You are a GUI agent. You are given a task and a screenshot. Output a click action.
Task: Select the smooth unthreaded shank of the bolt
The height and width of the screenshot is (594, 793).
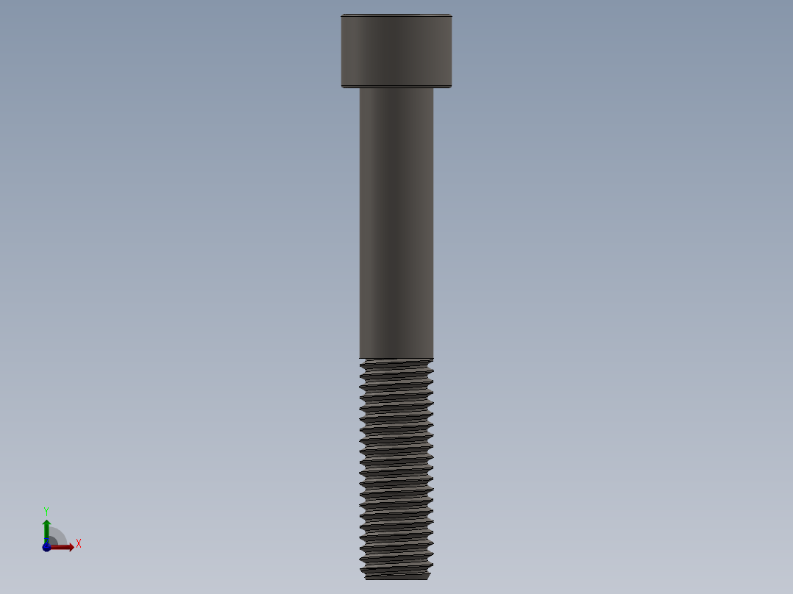click(x=396, y=221)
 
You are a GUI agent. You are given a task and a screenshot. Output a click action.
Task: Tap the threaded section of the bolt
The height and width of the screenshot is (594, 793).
click(x=396, y=463)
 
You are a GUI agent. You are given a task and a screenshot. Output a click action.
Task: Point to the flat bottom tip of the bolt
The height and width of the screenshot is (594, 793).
click(x=396, y=577)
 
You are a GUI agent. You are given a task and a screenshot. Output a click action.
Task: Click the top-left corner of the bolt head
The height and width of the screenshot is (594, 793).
click(x=342, y=15)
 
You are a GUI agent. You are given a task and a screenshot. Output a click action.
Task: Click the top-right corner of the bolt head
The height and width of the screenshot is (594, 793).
click(x=451, y=15)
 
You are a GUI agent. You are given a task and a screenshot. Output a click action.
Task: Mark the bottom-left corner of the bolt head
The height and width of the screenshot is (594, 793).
click(x=342, y=87)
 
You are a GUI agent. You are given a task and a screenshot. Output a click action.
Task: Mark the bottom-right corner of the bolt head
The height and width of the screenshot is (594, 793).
click(x=451, y=87)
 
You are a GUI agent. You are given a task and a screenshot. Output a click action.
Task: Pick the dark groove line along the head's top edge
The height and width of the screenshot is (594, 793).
click(x=396, y=16)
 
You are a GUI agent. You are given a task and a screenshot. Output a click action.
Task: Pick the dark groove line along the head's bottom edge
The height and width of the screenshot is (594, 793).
click(x=396, y=85)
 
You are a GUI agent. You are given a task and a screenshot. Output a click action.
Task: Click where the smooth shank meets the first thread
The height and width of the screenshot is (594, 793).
click(x=396, y=359)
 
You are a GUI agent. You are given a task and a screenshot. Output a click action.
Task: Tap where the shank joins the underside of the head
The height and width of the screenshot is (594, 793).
click(x=396, y=89)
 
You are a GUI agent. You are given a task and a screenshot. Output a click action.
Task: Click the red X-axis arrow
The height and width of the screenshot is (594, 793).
click(x=65, y=547)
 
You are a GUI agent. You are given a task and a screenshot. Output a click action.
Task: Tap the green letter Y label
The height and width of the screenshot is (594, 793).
click(x=46, y=511)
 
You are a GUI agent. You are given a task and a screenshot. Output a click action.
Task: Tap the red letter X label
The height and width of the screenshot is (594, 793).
click(x=78, y=544)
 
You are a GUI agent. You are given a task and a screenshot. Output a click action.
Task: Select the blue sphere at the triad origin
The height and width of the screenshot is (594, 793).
click(x=46, y=547)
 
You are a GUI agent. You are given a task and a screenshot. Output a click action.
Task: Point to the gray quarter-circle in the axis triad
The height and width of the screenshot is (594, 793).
click(x=57, y=537)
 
